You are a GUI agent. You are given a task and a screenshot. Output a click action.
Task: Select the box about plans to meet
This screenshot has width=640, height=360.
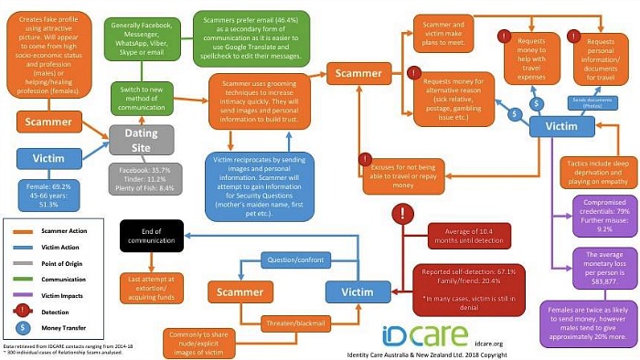coord(446,33)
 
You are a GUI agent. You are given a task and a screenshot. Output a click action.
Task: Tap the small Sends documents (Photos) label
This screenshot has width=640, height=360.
coord(568,105)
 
